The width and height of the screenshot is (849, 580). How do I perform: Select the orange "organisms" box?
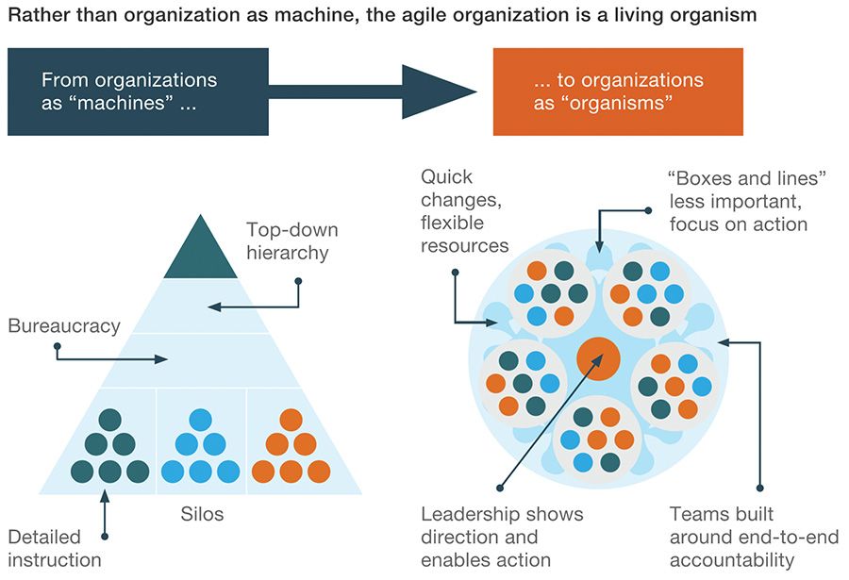click(x=618, y=91)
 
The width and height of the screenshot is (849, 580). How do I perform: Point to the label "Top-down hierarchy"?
click(x=291, y=241)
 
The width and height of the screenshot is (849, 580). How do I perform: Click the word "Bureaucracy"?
click(x=64, y=326)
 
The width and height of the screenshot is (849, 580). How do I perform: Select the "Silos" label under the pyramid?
click(x=202, y=515)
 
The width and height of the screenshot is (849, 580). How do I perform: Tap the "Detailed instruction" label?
click(x=54, y=548)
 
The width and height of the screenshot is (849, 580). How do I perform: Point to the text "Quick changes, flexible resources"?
click(x=464, y=210)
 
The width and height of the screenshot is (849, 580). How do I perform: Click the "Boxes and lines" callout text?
click(x=739, y=201)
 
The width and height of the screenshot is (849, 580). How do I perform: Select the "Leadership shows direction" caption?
click(x=501, y=537)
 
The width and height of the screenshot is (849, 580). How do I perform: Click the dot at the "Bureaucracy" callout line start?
click(x=58, y=346)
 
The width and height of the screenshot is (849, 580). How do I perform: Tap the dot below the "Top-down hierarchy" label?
click(x=298, y=280)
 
